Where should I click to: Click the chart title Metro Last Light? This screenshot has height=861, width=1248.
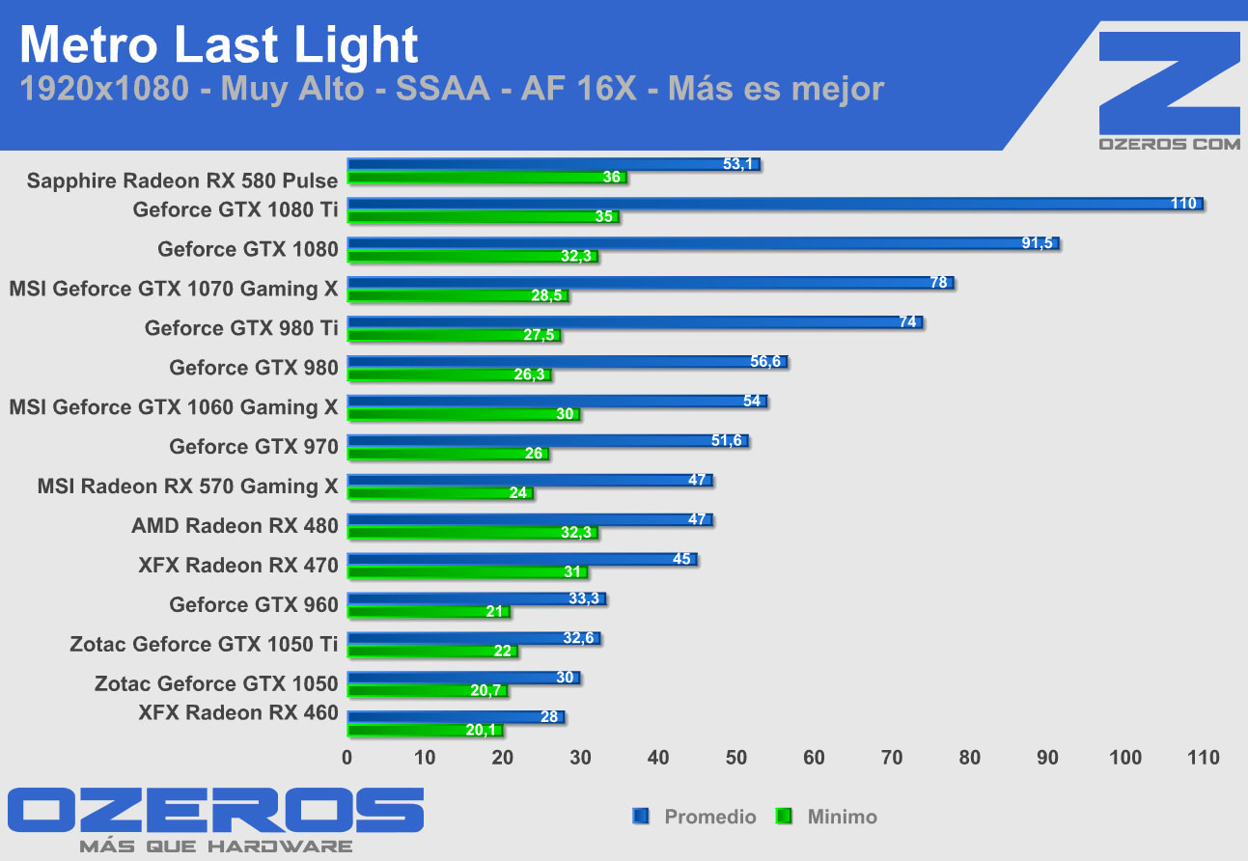(x=219, y=45)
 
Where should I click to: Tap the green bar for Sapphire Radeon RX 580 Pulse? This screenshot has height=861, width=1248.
(x=486, y=178)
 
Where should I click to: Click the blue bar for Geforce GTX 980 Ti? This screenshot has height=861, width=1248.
(x=634, y=322)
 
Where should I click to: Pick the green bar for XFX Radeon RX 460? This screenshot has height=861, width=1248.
(x=425, y=730)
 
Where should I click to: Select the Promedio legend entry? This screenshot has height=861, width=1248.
(x=695, y=817)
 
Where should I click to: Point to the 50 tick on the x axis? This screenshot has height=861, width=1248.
(x=736, y=758)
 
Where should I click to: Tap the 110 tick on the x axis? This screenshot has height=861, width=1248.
(x=1203, y=758)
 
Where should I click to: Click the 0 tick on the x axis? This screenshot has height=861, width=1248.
(x=347, y=758)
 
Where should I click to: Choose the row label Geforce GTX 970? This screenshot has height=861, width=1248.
(x=254, y=446)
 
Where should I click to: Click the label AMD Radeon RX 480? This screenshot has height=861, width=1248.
(x=235, y=526)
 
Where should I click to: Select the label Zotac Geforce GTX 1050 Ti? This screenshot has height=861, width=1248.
(x=204, y=644)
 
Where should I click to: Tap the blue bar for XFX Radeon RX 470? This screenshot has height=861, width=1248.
(x=521, y=560)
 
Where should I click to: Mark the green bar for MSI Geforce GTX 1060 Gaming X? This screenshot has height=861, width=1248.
(x=463, y=414)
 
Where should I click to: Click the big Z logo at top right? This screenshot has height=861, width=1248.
(x=1170, y=83)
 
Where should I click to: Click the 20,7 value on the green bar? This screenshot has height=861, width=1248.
(x=485, y=690)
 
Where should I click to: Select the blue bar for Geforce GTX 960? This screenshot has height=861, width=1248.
(x=476, y=599)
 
